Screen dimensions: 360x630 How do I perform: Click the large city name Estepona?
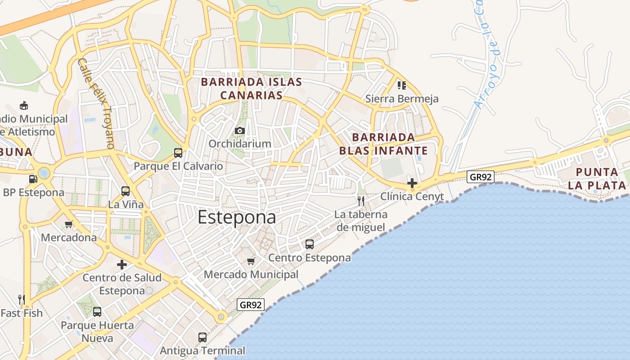pyautogui.click(x=237, y=217)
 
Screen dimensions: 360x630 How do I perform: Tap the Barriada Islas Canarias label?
pyautogui.click(x=251, y=89)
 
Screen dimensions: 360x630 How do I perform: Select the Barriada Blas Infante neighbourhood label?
pyautogui.click(x=383, y=144)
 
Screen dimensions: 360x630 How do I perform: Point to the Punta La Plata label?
pyautogui.click(x=597, y=179)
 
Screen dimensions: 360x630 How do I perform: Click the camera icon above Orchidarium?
pyautogui.click(x=240, y=131)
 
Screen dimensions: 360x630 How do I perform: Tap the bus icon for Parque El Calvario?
pyautogui.click(x=178, y=153)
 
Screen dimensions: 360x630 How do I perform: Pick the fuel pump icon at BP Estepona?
pyautogui.click(x=33, y=179)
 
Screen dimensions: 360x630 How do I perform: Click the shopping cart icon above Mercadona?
pyautogui.click(x=69, y=224)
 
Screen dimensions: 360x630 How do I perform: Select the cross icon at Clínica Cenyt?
pyautogui.click(x=412, y=183)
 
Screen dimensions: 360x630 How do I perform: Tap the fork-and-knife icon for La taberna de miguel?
pyautogui.click(x=361, y=201)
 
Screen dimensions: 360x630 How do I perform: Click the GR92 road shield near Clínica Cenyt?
pyautogui.click(x=480, y=177)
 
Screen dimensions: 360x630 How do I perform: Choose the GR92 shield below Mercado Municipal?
pyautogui.click(x=251, y=305)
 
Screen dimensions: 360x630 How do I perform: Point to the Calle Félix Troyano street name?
pyautogui.click(x=96, y=104)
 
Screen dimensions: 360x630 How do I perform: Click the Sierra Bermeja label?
pyautogui.click(x=402, y=99)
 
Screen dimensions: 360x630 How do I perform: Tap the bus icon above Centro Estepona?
pyautogui.click(x=310, y=244)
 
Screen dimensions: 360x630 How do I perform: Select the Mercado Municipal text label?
pyautogui.click(x=251, y=274)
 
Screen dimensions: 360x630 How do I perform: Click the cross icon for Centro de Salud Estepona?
pyautogui.click(x=122, y=265)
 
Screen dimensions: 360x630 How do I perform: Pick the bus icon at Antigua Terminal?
pyautogui.click(x=202, y=337)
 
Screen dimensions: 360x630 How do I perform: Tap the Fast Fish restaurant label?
pyautogui.click(x=22, y=313)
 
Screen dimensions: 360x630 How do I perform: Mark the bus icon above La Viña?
pyautogui.click(x=126, y=191)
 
